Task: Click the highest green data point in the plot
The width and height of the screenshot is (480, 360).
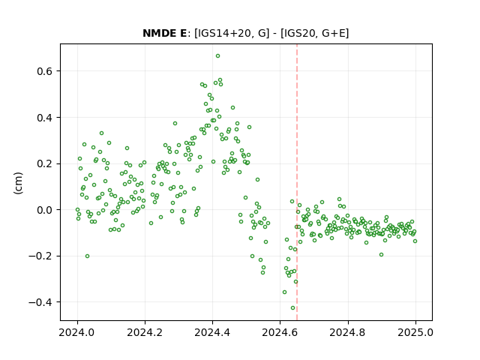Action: coord(217,56)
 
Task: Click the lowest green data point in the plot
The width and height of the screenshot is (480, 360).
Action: coord(293,308)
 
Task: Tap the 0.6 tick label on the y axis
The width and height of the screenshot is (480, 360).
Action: coord(45,71)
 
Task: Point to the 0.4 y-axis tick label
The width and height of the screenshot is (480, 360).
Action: coord(45,118)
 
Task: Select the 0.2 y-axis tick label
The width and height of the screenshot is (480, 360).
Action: coord(45,163)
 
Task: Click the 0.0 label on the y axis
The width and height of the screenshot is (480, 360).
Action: coord(45,210)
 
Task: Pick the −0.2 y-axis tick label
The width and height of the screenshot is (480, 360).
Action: coord(40,256)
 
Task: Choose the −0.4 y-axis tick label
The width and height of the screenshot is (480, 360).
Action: coord(40,302)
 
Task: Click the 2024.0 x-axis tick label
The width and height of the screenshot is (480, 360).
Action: coord(77,332)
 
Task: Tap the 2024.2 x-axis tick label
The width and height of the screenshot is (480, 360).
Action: coord(145,332)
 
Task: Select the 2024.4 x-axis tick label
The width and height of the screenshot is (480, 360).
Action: coord(212,332)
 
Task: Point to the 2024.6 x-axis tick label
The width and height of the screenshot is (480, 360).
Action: coord(280,332)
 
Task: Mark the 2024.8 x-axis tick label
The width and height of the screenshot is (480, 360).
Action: coord(348,332)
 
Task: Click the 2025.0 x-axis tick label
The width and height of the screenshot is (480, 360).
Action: coord(415,332)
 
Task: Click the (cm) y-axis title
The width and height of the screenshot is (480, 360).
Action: coord(18,183)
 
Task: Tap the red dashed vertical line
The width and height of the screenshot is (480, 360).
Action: coord(297,182)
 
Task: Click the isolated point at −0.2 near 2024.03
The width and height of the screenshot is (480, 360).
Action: coord(87,256)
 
